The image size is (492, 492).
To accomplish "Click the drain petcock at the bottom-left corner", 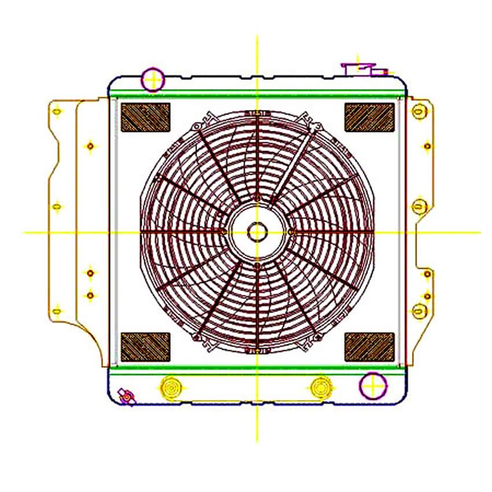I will pyautogui.click(x=126, y=396).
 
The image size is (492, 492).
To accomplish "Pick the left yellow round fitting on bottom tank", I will pyautogui.click(x=170, y=386).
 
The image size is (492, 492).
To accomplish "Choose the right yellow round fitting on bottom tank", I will pyautogui.click(x=321, y=386).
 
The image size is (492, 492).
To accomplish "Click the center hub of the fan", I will pyautogui.click(x=257, y=232).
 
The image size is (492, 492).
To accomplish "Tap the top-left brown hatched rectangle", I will pyautogui.click(x=145, y=117).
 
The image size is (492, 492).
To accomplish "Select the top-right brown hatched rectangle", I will pyautogui.click(x=369, y=117).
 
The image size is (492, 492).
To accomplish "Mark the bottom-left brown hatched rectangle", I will pyautogui.click(x=145, y=347).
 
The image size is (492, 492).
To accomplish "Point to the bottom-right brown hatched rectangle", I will pyautogui.click(x=369, y=347).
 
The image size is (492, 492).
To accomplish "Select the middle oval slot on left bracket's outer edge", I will pyautogui.click(x=57, y=206).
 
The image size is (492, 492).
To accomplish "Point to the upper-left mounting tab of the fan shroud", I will pyautogui.click(x=199, y=124).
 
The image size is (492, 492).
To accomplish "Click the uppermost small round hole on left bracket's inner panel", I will pyautogui.click(x=90, y=146).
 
